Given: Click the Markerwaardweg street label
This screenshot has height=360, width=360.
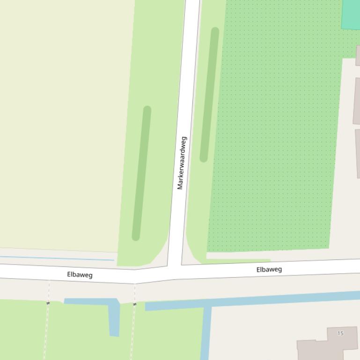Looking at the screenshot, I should click(x=182, y=163).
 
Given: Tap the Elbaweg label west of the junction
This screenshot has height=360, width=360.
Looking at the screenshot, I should click(x=80, y=274).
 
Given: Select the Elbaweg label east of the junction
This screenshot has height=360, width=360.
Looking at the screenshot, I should click(x=269, y=269).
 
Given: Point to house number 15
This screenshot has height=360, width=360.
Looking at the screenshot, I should click(x=340, y=333).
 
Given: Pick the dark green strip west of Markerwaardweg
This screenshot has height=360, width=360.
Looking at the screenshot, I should click(x=141, y=173).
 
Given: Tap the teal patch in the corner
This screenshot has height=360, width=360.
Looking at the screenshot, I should click(x=351, y=14).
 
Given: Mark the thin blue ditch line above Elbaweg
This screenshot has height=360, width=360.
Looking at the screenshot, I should click(x=56, y=258).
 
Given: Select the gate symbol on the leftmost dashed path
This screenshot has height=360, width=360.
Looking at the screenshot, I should click(x=48, y=303).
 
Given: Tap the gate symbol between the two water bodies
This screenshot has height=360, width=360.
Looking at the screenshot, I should click(x=135, y=304).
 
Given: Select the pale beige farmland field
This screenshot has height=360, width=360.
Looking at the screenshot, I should click(x=66, y=122).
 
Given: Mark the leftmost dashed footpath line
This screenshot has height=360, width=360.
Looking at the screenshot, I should click(x=46, y=332).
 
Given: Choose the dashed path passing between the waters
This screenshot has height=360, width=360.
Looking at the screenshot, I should click(x=133, y=332).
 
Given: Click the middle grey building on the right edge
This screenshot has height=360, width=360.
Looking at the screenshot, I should click(x=357, y=101).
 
